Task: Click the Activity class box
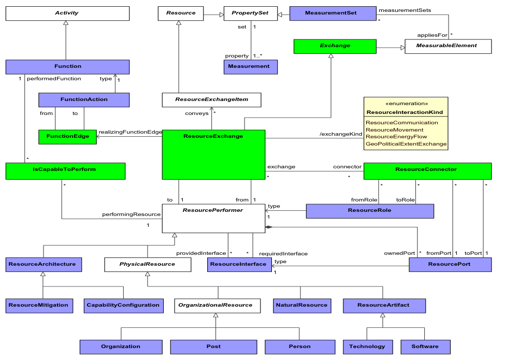click(x=67, y=13)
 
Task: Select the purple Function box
click(x=67, y=66)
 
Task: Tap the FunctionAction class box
click(x=84, y=99)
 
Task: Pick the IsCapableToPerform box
click(x=65, y=169)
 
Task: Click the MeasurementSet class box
click(x=332, y=13)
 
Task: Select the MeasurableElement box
click(x=448, y=46)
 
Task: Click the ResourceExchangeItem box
click(x=211, y=100)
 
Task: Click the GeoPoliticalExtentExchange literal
click(x=406, y=144)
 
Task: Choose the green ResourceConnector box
click(x=428, y=169)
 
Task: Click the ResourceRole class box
click(x=370, y=211)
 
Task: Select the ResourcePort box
click(x=450, y=265)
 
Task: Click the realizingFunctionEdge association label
click(x=130, y=132)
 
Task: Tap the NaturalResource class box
click(x=302, y=305)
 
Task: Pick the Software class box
click(x=425, y=347)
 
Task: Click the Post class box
click(x=213, y=347)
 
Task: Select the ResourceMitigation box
click(x=38, y=305)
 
